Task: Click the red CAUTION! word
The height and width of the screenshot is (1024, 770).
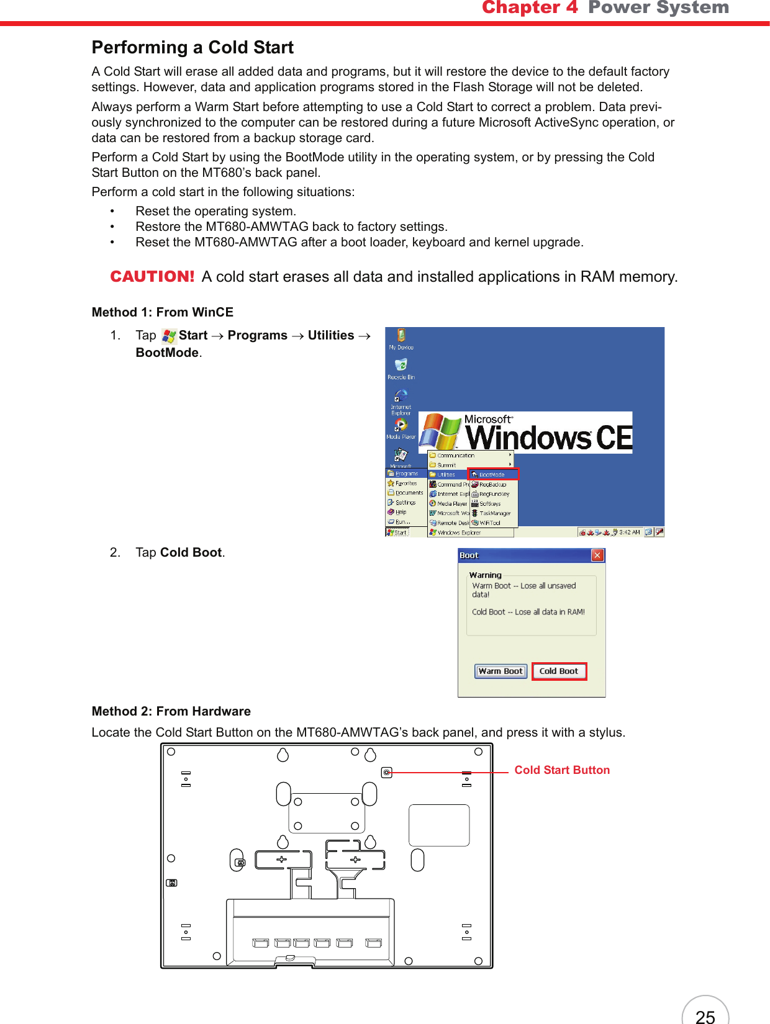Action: coord(152,276)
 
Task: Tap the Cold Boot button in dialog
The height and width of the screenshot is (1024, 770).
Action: coord(559,671)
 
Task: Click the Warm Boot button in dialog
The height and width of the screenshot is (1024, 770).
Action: coord(500,671)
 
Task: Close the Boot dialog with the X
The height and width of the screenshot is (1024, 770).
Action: coord(597,555)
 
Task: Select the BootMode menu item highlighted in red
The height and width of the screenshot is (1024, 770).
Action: coord(492,474)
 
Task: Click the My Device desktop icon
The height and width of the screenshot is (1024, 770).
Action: coord(401,339)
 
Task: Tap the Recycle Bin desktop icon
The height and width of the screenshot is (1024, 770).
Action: coord(401,368)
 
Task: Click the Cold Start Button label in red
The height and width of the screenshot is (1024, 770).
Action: coord(562,770)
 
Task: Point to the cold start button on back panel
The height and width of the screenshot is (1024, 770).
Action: coord(387,773)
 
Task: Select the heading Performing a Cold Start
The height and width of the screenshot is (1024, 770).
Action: coord(192,48)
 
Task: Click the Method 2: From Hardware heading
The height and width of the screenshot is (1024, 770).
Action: coord(171,711)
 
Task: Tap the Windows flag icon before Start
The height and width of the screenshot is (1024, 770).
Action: coord(169,336)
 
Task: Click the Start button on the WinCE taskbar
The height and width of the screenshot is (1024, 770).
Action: coord(397,532)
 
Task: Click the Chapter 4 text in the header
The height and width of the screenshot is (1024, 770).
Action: coord(530,7)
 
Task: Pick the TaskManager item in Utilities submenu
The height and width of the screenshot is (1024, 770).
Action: coord(494,513)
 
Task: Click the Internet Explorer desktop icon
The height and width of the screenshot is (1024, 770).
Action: coord(401,400)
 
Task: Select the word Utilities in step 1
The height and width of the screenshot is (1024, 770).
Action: coord(331,336)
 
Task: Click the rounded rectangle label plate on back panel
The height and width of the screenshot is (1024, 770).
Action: coord(439,825)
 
